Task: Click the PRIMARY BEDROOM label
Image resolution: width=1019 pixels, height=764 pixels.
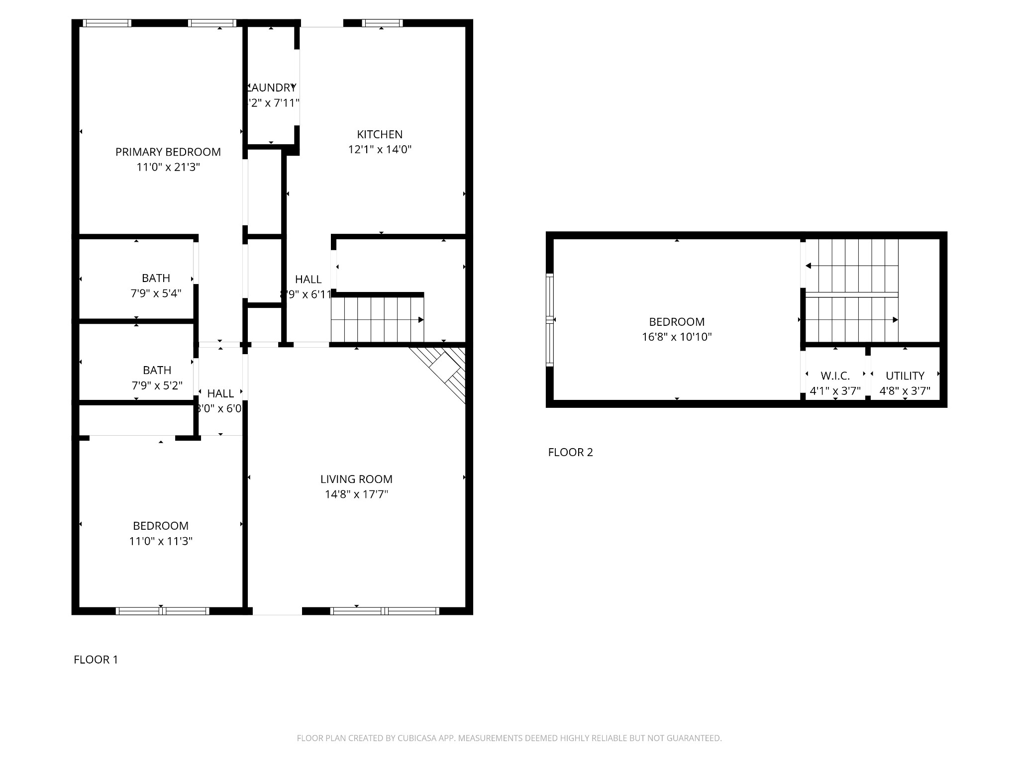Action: (168, 152)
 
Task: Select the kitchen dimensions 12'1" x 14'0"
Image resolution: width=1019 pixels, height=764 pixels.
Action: (380, 149)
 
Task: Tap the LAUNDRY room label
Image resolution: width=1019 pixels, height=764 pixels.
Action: (272, 88)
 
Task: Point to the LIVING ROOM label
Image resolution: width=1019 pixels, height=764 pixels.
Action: (356, 479)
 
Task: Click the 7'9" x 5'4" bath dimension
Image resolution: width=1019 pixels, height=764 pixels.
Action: (156, 293)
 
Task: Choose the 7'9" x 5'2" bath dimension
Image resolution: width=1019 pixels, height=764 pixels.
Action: (157, 385)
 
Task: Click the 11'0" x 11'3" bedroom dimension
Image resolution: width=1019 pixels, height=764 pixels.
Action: (161, 541)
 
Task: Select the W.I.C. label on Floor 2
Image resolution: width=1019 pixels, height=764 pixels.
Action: (835, 376)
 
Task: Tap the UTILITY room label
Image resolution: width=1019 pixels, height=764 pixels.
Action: (905, 376)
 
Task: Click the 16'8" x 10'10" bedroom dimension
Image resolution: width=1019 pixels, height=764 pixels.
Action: (677, 337)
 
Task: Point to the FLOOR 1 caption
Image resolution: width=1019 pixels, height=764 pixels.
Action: (96, 660)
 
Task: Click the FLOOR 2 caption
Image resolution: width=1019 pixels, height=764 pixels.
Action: (570, 452)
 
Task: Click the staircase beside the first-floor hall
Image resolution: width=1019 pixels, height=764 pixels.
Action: (377, 319)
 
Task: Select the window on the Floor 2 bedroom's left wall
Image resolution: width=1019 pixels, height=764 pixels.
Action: (550, 320)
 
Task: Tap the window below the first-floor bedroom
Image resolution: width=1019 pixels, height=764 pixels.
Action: (162, 611)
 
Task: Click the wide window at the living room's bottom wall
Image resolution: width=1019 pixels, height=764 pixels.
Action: (384, 611)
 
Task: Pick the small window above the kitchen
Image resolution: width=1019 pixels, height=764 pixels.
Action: (382, 23)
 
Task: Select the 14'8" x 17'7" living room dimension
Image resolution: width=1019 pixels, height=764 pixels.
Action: (356, 494)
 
